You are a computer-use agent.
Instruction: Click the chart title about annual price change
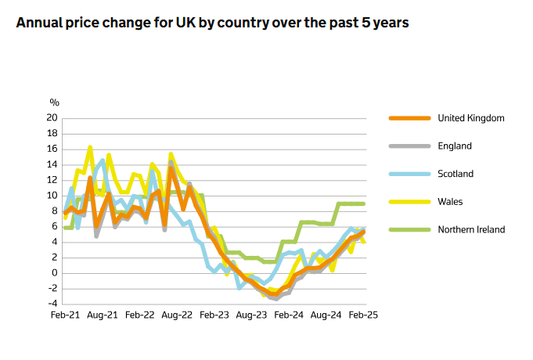tap(212, 23)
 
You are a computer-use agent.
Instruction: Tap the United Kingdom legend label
tap(470, 118)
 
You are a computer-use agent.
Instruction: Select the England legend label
tap(455, 146)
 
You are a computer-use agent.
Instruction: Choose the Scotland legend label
tap(456, 174)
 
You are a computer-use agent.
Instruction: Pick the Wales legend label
tap(451, 202)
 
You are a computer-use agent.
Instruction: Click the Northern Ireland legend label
tap(471, 229)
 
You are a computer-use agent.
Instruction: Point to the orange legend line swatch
tap(409, 118)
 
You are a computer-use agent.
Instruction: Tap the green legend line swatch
tap(409, 229)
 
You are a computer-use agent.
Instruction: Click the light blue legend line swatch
tap(409, 174)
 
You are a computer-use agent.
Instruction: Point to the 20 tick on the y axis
tap(52, 118)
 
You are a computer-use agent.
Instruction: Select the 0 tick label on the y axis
tap(55, 273)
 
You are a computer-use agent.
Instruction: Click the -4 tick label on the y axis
tap(52, 304)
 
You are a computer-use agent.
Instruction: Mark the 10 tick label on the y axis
tap(52, 196)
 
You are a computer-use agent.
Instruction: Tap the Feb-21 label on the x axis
tap(63, 315)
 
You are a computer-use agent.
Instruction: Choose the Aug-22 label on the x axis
tap(176, 315)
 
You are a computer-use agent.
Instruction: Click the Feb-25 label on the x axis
tap(363, 315)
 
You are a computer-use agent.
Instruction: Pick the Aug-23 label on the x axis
tap(250, 315)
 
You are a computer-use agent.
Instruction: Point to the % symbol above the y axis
tap(54, 103)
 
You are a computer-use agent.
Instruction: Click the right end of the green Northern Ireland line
tap(363, 203)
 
